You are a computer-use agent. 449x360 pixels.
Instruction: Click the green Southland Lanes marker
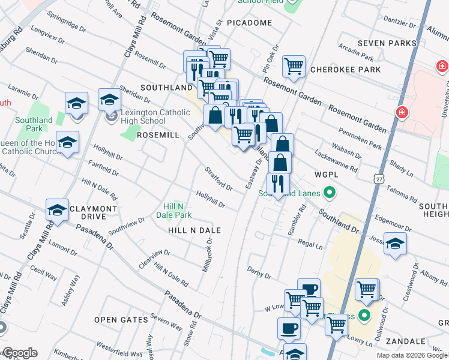[329, 193]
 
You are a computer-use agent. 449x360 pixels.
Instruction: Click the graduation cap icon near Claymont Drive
[58, 210]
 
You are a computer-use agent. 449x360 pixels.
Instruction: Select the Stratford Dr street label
[219, 179]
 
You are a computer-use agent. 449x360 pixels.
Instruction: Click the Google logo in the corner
[19, 353]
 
